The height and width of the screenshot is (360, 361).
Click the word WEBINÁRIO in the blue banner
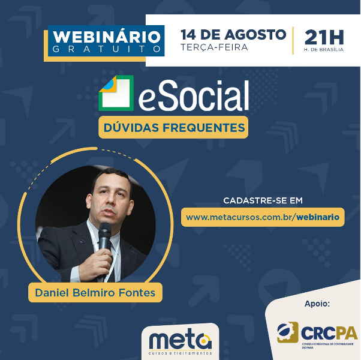click(x=107, y=37)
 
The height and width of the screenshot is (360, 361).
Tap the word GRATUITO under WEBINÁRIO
click(x=107, y=49)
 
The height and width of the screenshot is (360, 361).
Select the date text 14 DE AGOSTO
click(x=233, y=35)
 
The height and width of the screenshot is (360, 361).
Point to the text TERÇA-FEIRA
click(x=214, y=47)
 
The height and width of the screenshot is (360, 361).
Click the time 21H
click(x=324, y=38)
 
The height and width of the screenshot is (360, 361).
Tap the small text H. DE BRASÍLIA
click(x=323, y=50)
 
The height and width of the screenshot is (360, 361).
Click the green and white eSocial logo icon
click(x=116, y=93)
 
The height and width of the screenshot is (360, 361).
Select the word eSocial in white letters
click(x=193, y=95)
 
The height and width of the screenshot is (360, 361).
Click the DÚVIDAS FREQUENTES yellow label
click(x=173, y=127)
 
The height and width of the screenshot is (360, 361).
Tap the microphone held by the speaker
click(x=105, y=244)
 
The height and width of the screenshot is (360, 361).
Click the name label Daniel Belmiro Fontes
click(x=95, y=293)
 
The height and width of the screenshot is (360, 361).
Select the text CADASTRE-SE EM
click(x=263, y=200)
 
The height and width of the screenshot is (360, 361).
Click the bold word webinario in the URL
click(x=318, y=217)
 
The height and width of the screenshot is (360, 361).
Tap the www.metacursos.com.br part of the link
click(x=239, y=217)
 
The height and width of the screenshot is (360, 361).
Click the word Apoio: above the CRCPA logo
click(x=317, y=304)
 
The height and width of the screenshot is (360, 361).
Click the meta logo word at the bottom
click(x=180, y=341)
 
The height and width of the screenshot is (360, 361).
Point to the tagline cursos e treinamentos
click(x=180, y=353)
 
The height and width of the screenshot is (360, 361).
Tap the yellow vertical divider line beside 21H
click(x=293, y=41)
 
